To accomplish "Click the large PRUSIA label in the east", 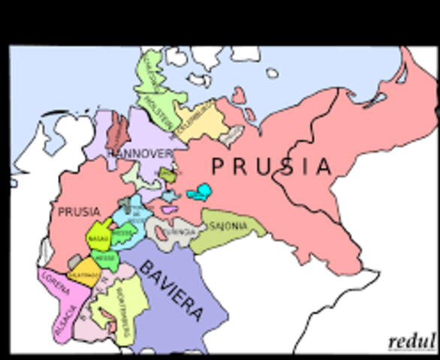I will coord(271,166).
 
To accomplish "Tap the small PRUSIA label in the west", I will coord(78,212).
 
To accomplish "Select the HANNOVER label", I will coord(141,154).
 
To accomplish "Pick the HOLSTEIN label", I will coord(160,106).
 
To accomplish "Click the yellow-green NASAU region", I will coord(99,238).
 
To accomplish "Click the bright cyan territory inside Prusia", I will coord(198,193).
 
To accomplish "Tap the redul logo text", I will coord(411,342).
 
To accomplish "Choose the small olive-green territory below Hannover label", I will coord(167,175).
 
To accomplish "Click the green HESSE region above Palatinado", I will coord(105,259).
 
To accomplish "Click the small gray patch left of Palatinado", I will coord(74,260).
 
